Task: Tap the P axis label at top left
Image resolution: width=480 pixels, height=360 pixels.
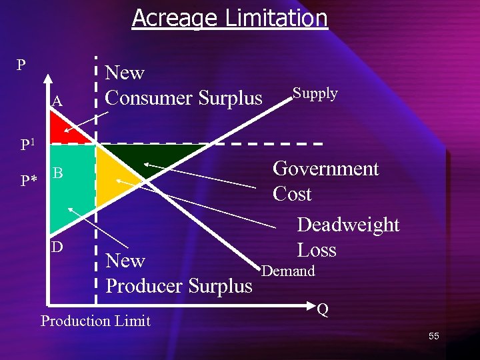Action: (21, 65)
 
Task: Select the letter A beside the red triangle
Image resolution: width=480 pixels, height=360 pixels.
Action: (57, 101)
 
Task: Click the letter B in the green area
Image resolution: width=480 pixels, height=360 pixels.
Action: (58, 173)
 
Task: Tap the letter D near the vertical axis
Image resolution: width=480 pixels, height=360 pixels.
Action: (58, 247)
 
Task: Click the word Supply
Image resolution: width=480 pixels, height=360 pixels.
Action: (315, 93)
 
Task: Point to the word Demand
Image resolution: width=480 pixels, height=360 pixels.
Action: (288, 271)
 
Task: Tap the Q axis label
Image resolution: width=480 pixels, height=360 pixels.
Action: (323, 309)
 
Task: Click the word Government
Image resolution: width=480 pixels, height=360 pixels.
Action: (325, 169)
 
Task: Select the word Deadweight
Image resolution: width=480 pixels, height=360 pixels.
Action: (348, 225)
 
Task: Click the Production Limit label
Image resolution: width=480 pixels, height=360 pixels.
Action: (95, 321)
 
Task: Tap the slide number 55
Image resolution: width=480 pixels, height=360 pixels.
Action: (433, 336)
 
